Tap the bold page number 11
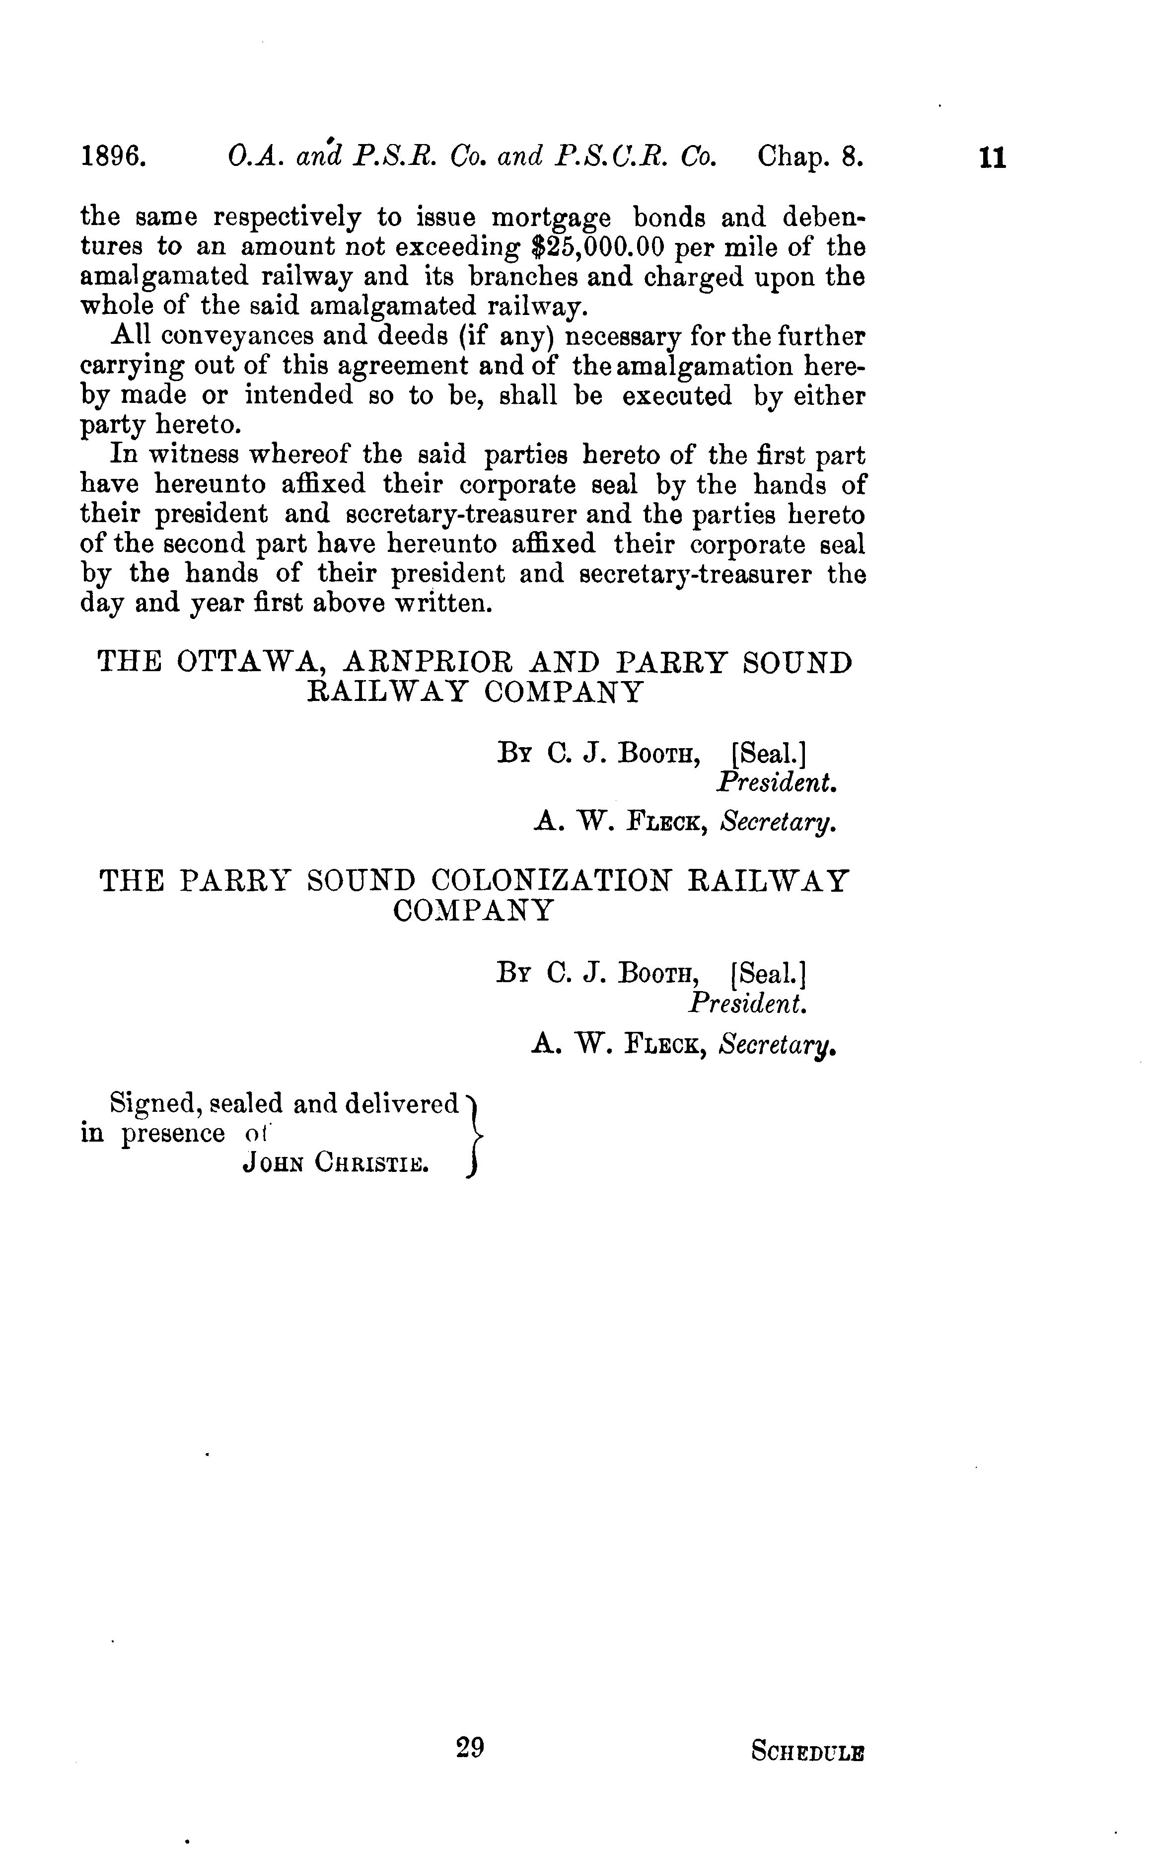[x=993, y=158]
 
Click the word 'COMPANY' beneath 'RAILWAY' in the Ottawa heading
[x=564, y=692]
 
